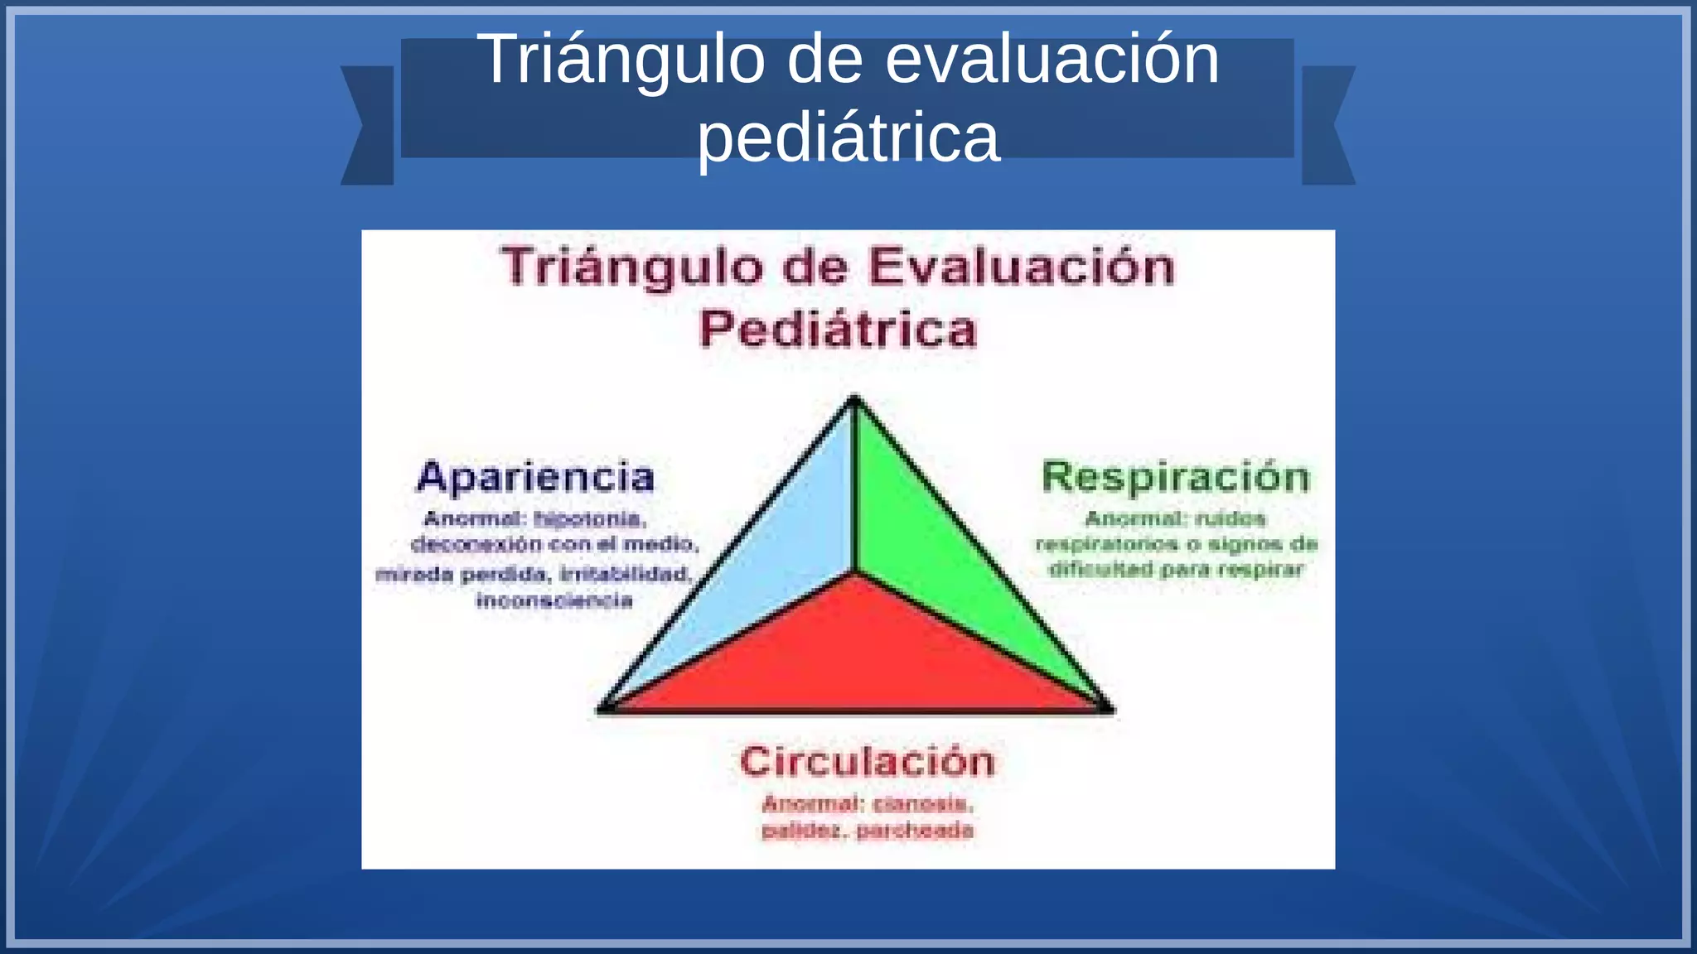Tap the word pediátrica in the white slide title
coord(848,137)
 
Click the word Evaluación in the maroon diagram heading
coord(1021,268)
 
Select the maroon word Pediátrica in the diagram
coord(839,330)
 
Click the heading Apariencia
coord(535,478)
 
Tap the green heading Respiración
coord(1176,478)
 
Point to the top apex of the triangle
coord(855,400)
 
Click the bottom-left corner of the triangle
coord(603,709)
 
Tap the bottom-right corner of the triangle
coord(1109,709)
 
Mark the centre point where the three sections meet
coord(855,571)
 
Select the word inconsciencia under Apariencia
coord(554,601)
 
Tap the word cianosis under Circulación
coord(922,804)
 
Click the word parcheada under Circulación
coord(915,831)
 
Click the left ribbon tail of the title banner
coord(367,125)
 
